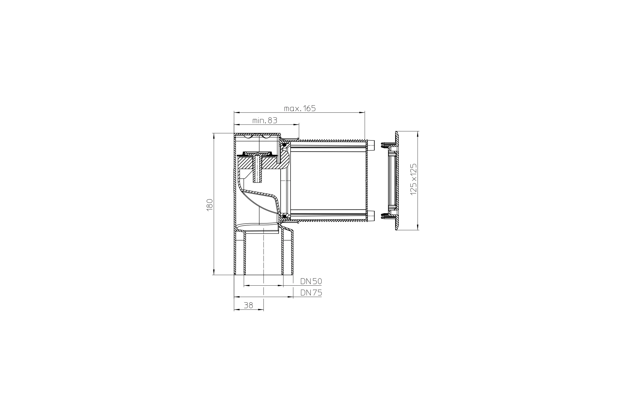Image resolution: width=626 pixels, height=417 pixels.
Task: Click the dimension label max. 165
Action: coord(300,108)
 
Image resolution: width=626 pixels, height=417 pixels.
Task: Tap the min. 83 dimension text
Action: coord(264,121)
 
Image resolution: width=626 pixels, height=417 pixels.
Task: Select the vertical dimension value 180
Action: coord(210,205)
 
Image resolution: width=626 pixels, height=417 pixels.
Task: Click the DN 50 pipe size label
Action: coord(311,281)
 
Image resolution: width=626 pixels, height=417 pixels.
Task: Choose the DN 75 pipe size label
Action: coord(311,293)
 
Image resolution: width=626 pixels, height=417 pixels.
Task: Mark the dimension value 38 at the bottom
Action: coord(248,305)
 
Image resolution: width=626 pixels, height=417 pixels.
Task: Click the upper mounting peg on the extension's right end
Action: coord(371,145)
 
